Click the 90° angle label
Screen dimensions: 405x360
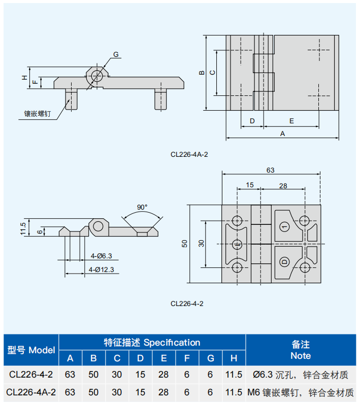click(x=142, y=207)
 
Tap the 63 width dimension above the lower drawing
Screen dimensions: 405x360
click(x=270, y=170)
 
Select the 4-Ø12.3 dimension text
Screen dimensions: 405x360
click(x=102, y=269)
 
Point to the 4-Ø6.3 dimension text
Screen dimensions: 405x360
click(x=101, y=256)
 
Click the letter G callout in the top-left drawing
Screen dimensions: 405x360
click(x=116, y=54)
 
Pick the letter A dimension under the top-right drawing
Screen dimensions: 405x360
click(x=283, y=133)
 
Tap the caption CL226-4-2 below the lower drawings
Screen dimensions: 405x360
click(x=187, y=303)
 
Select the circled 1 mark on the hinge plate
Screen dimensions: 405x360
click(x=284, y=226)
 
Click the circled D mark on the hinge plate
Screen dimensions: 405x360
click(x=284, y=262)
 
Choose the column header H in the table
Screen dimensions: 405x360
click(x=234, y=359)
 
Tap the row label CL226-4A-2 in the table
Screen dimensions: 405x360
click(x=31, y=392)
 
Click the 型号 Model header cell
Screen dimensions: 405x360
click(x=31, y=350)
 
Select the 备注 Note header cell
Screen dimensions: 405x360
click(x=301, y=350)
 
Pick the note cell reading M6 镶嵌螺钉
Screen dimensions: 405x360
click(x=300, y=392)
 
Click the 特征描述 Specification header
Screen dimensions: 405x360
click(x=152, y=343)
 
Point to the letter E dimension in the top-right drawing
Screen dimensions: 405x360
click(x=291, y=121)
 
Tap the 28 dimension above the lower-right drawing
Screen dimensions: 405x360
click(x=283, y=186)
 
